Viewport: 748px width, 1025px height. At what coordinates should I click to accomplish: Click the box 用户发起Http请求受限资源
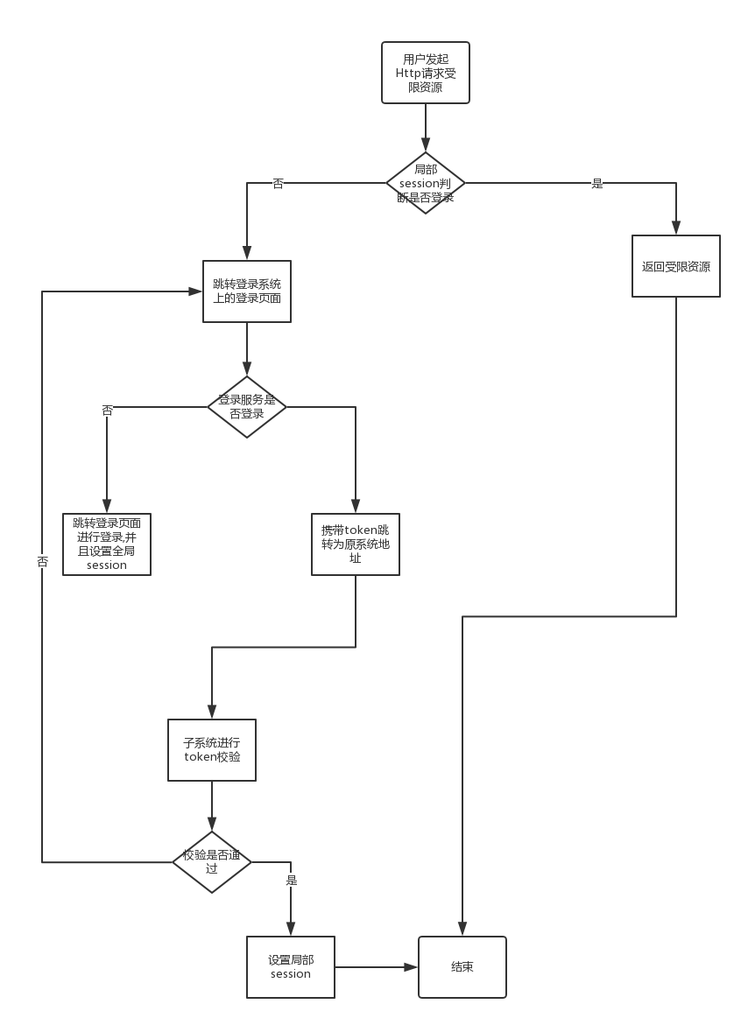[426, 73]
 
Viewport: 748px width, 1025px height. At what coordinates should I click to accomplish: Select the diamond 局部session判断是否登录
[426, 183]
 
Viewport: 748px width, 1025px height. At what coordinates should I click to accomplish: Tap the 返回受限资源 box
[676, 266]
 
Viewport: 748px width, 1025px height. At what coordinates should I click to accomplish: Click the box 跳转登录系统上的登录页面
[247, 291]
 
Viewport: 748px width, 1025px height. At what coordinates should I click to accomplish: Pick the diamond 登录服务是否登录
[247, 407]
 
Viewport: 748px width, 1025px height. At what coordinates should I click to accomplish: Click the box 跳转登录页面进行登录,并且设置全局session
[107, 544]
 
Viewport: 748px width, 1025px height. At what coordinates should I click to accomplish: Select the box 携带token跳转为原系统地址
[356, 544]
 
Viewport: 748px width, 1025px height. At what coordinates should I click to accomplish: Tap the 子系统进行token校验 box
[212, 750]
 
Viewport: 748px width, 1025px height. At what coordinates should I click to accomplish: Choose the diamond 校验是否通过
[212, 862]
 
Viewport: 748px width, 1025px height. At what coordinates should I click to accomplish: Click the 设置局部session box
[291, 967]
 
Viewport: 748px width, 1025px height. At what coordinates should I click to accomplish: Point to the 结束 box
[462, 967]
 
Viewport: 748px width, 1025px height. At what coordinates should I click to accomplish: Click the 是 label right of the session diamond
[597, 183]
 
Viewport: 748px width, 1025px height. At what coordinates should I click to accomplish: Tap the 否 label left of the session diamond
[278, 183]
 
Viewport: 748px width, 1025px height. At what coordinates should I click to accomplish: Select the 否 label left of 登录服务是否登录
[107, 410]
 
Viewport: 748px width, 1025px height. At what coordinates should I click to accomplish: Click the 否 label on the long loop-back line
[42, 561]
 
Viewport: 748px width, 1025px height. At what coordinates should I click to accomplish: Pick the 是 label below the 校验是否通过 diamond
[291, 880]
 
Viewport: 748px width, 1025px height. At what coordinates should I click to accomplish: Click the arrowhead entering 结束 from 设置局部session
[412, 967]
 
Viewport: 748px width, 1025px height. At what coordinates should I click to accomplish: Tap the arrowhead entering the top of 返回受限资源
[676, 229]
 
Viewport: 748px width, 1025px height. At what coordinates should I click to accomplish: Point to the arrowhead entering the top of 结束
[462, 930]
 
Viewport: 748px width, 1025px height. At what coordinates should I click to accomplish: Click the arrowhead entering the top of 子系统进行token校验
[212, 713]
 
